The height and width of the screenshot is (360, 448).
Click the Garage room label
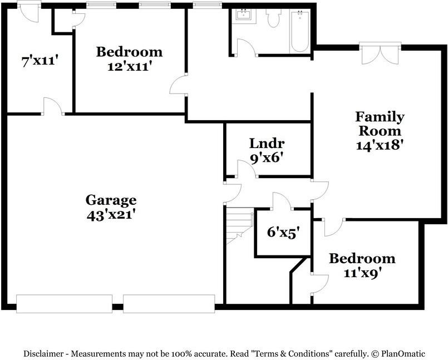click(111, 200)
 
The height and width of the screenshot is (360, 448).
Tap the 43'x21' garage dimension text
click(111, 214)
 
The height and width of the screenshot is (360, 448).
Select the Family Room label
click(380, 124)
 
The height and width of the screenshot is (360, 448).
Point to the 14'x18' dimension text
click(380, 145)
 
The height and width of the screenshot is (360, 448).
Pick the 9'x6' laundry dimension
click(267, 157)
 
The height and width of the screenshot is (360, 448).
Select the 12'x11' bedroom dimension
click(129, 66)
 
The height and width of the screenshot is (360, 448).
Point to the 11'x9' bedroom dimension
click(362, 273)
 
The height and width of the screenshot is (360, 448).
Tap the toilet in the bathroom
click(273, 19)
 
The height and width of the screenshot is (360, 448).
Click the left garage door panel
click(65, 303)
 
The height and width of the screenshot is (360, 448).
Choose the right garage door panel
click(169, 303)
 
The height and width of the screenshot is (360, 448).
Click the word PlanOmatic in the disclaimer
click(403, 353)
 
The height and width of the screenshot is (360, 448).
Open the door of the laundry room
click(246, 169)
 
